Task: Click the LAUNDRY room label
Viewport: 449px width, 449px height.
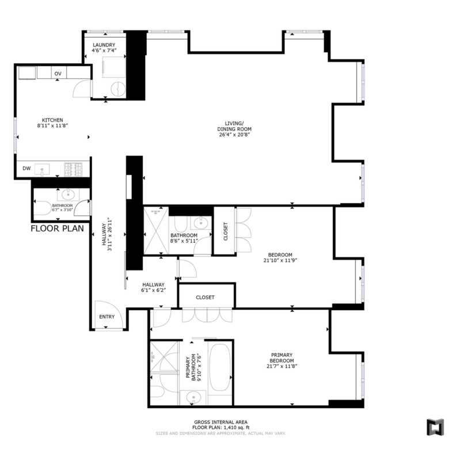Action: coord(104,45)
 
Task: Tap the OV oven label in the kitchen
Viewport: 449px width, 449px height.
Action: coord(58,74)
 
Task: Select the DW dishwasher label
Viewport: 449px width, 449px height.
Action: coord(26,168)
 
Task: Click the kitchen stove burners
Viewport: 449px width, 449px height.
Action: coord(73,169)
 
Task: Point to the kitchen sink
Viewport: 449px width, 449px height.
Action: coord(42,169)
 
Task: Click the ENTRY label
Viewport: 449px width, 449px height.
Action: coord(107,317)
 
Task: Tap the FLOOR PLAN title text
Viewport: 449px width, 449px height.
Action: coord(57,229)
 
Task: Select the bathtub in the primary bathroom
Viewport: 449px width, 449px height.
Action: coord(220,367)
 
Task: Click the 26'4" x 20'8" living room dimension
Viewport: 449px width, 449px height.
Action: coord(234,135)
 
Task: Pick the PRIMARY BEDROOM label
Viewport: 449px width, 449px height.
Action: coord(281,358)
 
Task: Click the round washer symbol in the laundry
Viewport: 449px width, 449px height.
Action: coord(118,89)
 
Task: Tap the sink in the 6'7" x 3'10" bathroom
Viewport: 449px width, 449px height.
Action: coord(68,195)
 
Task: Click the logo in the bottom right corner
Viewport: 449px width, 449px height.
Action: coord(435,428)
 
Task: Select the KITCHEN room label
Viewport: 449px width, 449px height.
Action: coord(52,120)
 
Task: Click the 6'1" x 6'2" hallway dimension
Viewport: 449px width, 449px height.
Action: coord(154,290)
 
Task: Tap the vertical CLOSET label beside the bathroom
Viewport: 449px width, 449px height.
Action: coord(225,231)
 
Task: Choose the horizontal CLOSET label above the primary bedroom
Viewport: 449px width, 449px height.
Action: coord(205,298)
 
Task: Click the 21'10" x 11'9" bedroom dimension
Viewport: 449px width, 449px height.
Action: coord(280,260)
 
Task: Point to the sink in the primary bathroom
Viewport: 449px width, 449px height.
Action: coord(193,397)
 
